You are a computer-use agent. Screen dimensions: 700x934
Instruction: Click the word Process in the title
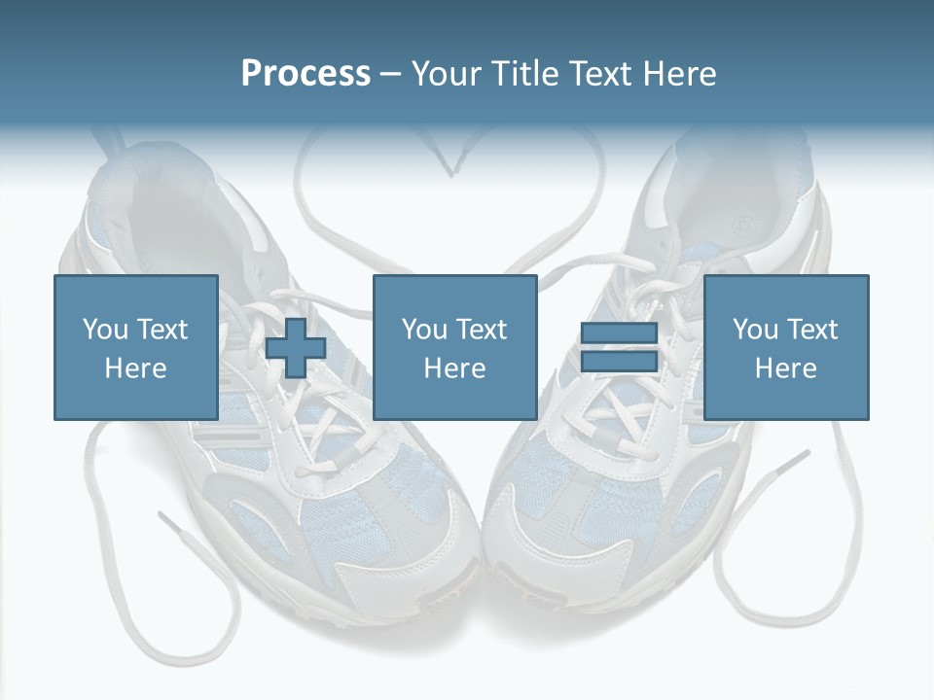[x=305, y=74]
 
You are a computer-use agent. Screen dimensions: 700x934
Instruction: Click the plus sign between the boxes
[x=296, y=348]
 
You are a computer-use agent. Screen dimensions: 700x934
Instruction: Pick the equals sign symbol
[x=619, y=348]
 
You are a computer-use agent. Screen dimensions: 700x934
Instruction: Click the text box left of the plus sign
[x=135, y=348]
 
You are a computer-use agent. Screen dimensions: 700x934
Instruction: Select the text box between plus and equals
[x=454, y=348]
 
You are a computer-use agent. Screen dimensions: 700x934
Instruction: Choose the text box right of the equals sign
[x=785, y=348]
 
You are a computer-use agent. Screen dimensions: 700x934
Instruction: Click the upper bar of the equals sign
[x=619, y=333]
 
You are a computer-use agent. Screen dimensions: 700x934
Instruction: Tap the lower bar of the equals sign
[x=619, y=362]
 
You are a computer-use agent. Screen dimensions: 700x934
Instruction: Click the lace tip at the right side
[x=795, y=458]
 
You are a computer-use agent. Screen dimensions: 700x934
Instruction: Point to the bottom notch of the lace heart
[x=450, y=176]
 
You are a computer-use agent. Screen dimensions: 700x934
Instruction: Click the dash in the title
[x=391, y=75]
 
